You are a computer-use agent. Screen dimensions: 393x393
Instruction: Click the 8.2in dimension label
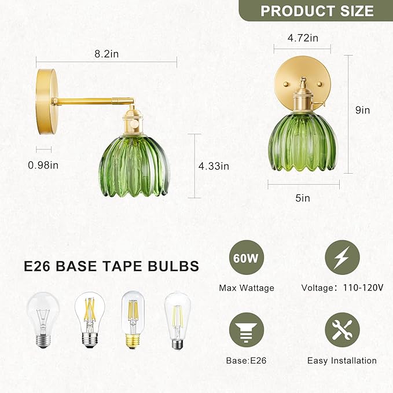[x=106, y=54]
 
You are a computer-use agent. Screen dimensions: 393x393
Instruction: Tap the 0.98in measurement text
[x=43, y=165]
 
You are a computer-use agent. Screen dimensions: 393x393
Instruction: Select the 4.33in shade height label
[x=214, y=166]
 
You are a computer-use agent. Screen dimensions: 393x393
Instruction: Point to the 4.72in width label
[x=303, y=38]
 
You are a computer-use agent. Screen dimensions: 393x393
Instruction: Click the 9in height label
[x=363, y=110]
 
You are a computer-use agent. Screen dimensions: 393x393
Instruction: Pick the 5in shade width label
[x=303, y=198]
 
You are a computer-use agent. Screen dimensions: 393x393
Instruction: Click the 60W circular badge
[x=247, y=258]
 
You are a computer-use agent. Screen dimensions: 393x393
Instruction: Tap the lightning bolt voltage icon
[x=343, y=258]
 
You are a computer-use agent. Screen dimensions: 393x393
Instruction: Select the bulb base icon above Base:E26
[x=247, y=330]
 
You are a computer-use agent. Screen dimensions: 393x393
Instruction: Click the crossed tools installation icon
[x=343, y=330]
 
